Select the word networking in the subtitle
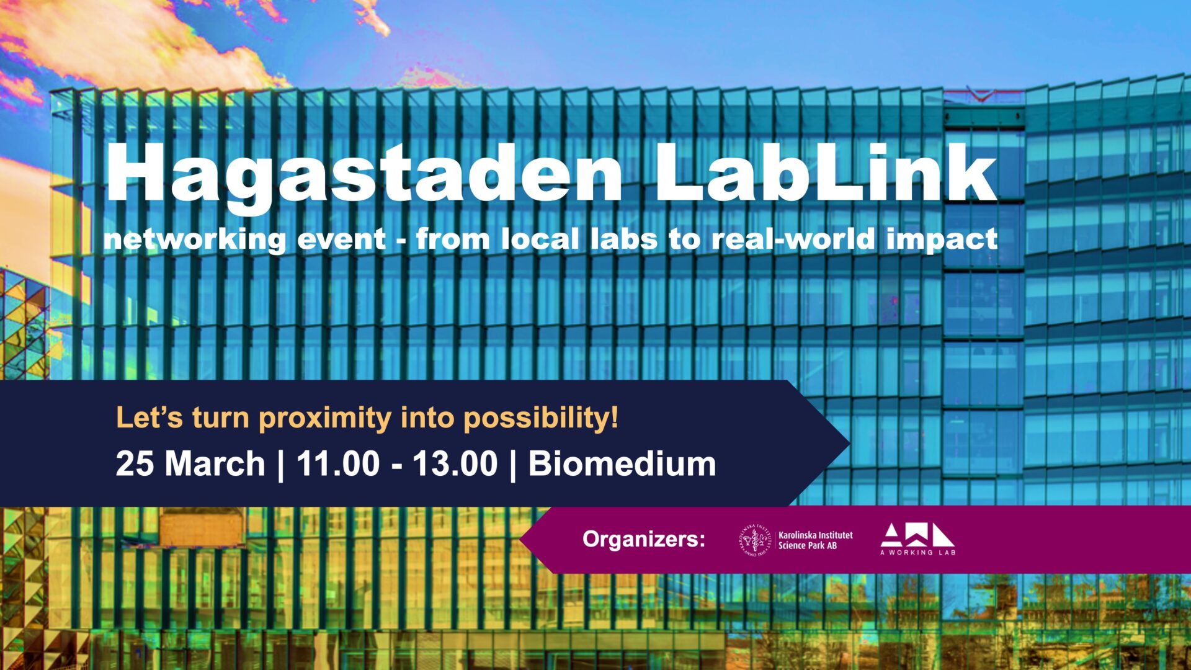[195, 240]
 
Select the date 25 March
[190, 464]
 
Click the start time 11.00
[338, 464]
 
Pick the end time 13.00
[455, 464]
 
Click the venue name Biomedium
[622, 464]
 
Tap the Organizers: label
[644, 539]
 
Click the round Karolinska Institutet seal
[755, 540]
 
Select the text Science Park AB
[808, 546]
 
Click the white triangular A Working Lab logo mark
[917, 535]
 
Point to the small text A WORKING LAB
[918, 552]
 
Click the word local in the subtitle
[540, 239]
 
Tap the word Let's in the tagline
[149, 418]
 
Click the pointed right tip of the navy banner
[849, 443]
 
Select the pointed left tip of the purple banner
[520, 539]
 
